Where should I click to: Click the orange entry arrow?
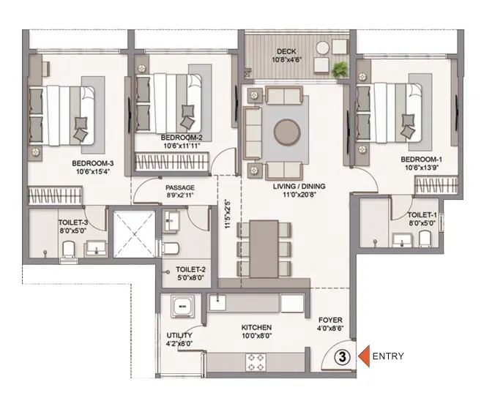coord(364,356)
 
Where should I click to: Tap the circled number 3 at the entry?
coord(343,357)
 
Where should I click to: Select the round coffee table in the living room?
coord(287,132)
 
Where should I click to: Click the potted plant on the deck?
coord(340,70)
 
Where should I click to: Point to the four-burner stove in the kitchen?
coord(256,362)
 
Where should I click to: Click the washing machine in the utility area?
coord(182,305)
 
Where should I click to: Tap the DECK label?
coord(286,51)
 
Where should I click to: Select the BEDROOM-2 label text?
coord(182,138)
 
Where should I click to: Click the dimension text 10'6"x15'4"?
coord(92,171)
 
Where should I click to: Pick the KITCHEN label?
coord(256,327)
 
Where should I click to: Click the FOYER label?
coord(330,321)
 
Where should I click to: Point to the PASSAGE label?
coord(180,188)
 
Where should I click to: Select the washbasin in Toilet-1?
coord(403,240)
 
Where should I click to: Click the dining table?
coord(264,249)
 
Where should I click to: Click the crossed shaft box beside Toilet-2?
coord(134,234)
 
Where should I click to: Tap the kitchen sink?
coord(217,303)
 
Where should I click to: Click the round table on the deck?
coord(323,48)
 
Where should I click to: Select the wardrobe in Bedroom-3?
coord(55,195)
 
